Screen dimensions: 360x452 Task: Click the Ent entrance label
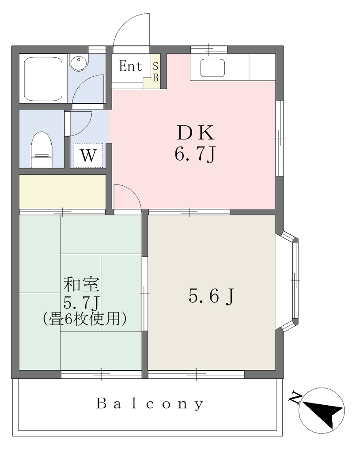click(x=131, y=66)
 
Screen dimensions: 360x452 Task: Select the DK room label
click(x=195, y=132)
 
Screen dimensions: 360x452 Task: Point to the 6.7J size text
click(x=195, y=154)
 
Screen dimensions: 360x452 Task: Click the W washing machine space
click(x=88, y=155)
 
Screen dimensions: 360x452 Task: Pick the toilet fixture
click(x=42, y=150)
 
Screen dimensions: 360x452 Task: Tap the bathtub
click(x=43, y=79)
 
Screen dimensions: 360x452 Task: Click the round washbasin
click(x=78, y=64)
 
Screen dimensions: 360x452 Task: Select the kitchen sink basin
click(x=212, y=68)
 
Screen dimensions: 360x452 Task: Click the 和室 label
click(x=82, y=284)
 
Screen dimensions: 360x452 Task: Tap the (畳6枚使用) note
click(x=84, y=319)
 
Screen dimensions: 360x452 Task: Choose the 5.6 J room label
click(x=212, y=296)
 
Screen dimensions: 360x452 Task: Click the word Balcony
click(x=150, y=403)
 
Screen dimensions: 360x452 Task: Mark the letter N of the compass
click(x=295, y=397)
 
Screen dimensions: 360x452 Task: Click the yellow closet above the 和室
click(x=62, y=192)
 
